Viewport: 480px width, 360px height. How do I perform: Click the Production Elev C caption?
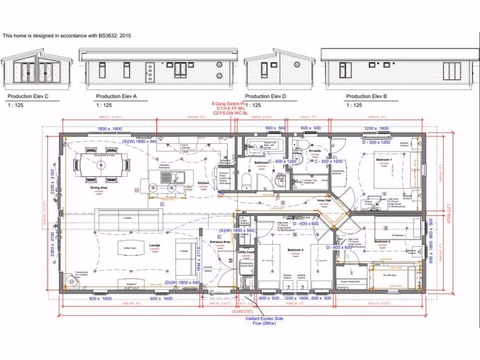pos(28,97)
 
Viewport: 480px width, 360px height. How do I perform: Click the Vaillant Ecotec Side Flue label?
pos(264,321)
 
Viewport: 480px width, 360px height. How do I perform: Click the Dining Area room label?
pos(98,187)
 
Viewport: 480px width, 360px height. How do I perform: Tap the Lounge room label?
pos(154,245)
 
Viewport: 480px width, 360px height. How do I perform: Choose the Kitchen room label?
pos(202,183)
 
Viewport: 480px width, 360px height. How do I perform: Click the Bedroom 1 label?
pos(384,160)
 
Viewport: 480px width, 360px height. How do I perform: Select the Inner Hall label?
pos(324,201)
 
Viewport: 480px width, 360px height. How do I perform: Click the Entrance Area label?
pos(220,242)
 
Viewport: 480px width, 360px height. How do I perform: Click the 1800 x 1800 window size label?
pos(110,129)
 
